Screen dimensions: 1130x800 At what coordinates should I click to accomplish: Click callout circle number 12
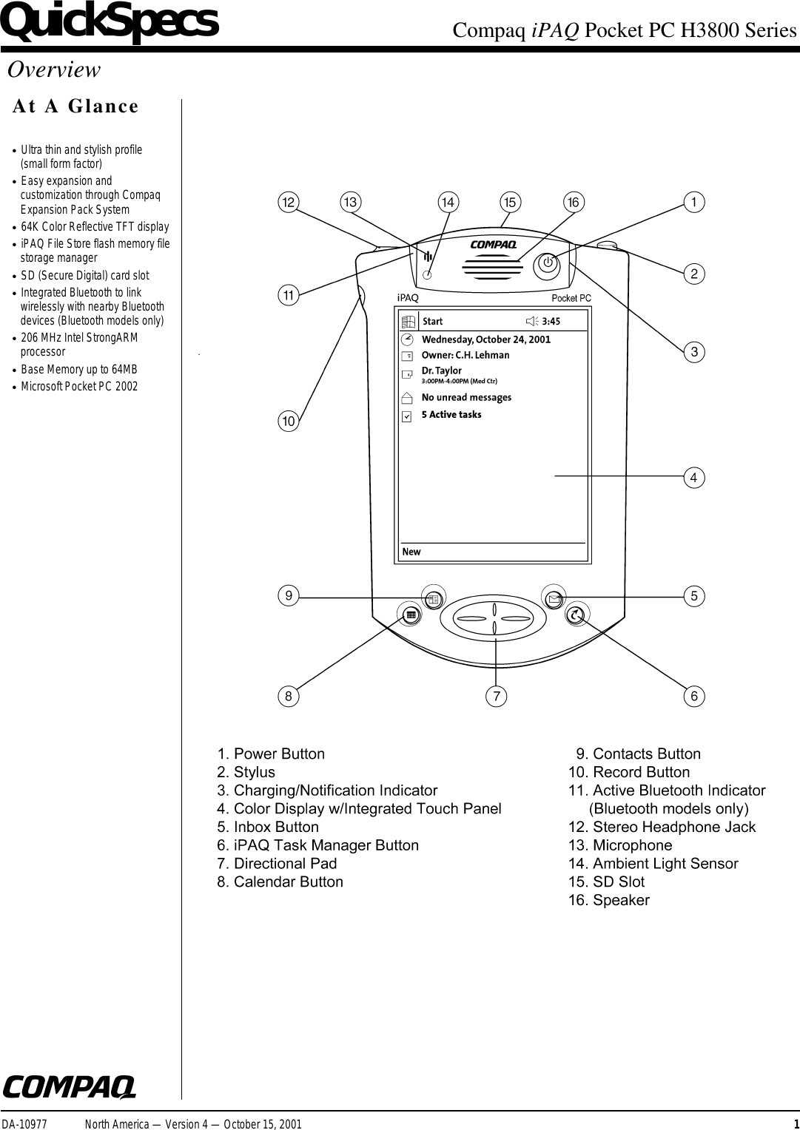point(287,202)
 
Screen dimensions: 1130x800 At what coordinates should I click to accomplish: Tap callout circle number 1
point(693,201)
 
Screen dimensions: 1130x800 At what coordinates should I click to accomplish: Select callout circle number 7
point(496,696)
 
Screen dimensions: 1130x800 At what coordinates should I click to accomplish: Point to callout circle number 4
point(693,478)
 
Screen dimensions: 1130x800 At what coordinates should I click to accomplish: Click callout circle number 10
point(287,422)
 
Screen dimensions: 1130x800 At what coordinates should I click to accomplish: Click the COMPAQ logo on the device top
point(492,245)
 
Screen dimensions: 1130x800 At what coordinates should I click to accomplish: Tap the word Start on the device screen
point(432,322)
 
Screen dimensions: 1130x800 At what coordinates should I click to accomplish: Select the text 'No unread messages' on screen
point(466,398)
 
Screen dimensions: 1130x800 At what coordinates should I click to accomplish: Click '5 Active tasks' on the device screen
point(451,415)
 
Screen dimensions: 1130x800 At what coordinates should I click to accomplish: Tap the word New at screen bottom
point(411,552)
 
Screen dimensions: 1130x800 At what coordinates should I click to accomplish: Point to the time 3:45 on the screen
point(551,322)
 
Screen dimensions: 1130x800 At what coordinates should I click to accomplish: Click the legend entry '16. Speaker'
point(608,900)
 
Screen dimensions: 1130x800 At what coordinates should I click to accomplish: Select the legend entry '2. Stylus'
point(246,772)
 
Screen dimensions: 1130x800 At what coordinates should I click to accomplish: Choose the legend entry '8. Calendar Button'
point(280,882)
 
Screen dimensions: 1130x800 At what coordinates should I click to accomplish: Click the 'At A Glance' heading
point(75,106)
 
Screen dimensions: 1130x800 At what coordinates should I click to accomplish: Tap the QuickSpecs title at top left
point(110,22)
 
